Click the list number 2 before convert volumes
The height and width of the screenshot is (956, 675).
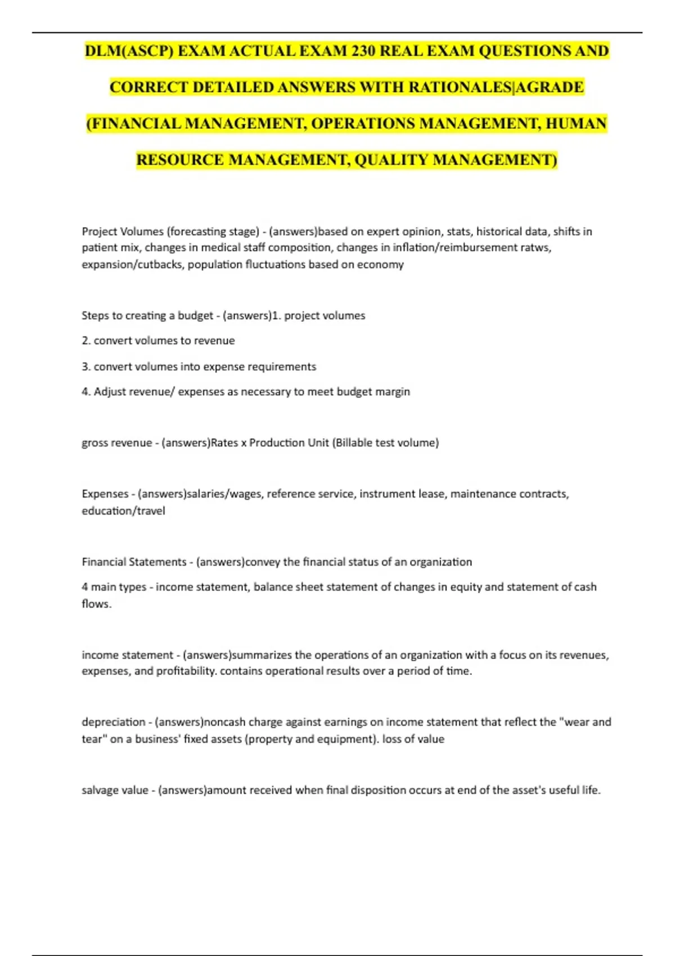(x=85, y=341)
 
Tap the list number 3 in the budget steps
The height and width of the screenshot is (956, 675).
(x=85, y=367)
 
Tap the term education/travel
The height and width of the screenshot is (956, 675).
(x=123, y=511)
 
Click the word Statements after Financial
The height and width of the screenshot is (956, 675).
(x=158, y=562)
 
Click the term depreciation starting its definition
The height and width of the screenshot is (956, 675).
(x=113, y=722)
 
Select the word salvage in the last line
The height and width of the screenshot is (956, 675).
(x=100, y=790)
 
